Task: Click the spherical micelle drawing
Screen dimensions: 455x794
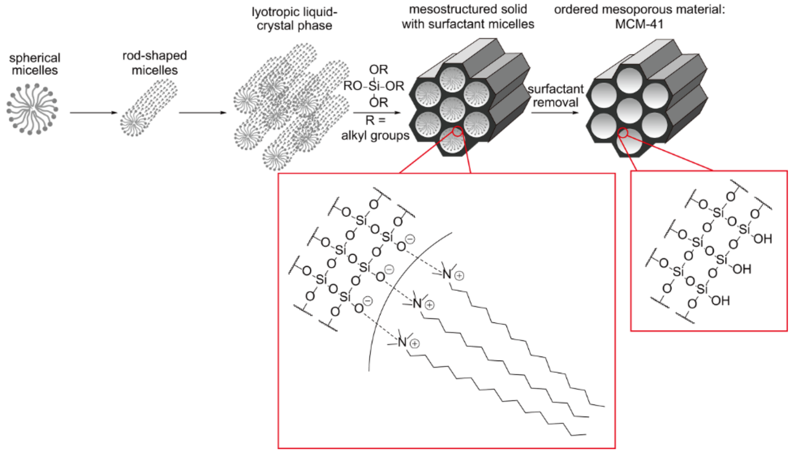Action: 32,109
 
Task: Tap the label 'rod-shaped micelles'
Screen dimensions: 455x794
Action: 155,63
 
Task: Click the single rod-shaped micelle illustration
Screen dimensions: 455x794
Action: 149,108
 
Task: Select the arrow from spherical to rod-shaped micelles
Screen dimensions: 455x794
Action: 93,113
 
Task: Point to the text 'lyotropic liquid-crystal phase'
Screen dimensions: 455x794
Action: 294,19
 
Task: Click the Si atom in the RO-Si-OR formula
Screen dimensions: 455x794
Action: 374,86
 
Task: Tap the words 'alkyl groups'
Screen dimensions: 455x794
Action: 375,136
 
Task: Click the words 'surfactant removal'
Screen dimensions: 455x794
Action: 555,96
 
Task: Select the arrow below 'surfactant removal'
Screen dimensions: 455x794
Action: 555,113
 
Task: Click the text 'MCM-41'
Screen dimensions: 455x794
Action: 639,24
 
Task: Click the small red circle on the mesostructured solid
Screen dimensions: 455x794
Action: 457,131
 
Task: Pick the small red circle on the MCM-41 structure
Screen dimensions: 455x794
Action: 623,133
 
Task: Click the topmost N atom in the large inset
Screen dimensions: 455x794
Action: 447,274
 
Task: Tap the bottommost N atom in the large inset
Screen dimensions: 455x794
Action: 402,342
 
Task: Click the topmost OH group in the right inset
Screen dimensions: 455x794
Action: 763,239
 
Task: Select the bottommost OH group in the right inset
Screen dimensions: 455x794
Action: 721,301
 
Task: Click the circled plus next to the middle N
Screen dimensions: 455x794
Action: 430,305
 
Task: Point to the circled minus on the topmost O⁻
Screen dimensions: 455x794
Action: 410,239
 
